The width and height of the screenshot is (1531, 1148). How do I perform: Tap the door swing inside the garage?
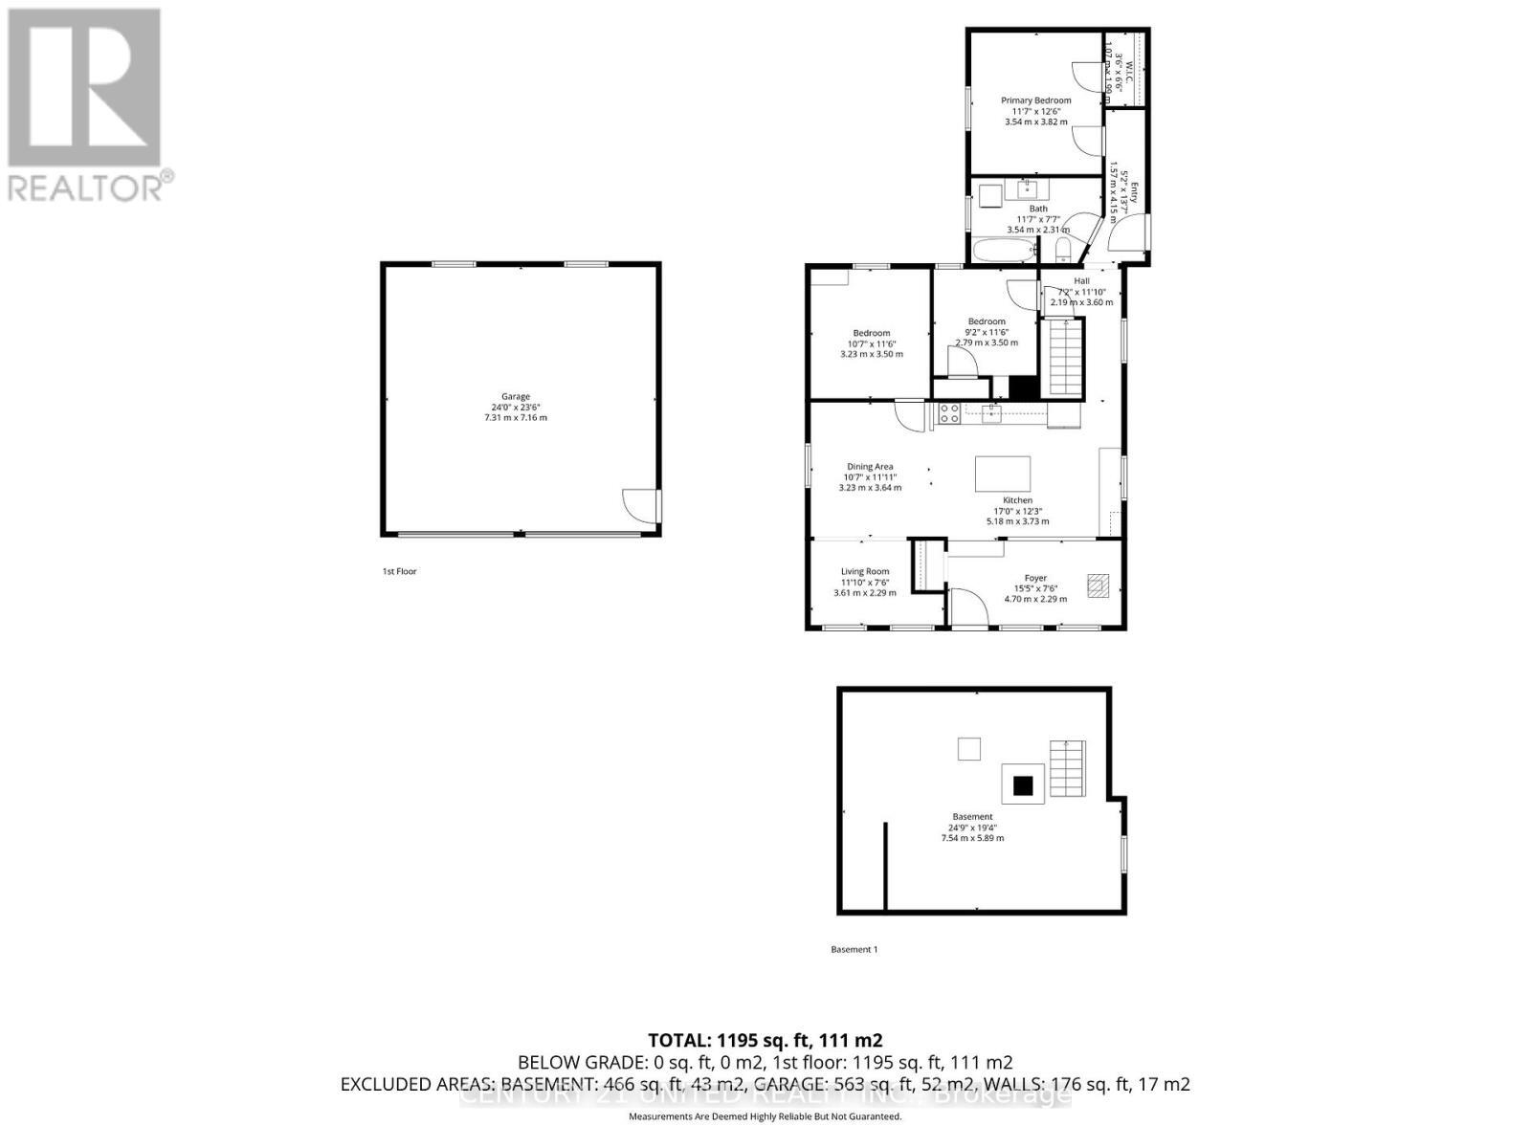click(x=638, y=504)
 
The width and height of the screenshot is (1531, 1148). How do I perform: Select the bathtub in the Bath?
click(x=1005, y=253)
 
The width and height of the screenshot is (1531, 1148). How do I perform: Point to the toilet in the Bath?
click(x=1063, y=251)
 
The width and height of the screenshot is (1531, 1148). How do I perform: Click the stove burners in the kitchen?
click(x=948, y=413)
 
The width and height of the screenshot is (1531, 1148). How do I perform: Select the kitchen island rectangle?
click(x=1003, y=474)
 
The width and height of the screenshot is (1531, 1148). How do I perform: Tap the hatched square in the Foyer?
click(x=1098, y=585)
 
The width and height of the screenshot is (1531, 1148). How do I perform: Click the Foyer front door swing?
click(x=966, y=607)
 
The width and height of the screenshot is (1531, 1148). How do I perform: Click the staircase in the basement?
click(x=1069, y=769)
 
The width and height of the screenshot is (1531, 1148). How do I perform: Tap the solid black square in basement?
click(x=1024, y=785)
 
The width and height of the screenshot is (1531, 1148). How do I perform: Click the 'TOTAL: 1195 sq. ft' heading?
click(x=765, y=1040)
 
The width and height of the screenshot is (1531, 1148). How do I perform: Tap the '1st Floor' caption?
click(x=399, y=571)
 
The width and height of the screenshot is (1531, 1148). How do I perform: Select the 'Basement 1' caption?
click(x=854, y=949)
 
